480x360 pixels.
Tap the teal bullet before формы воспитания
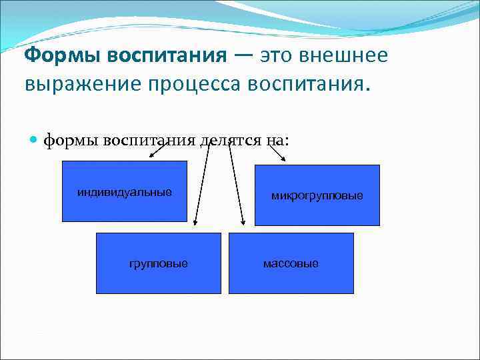[34, 140]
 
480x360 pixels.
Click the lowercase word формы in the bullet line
[69, 140]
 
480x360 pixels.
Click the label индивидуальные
[124, 193]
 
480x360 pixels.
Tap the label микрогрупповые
[317, 196]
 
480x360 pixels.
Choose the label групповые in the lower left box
[158, 263]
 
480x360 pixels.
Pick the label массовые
[291, 263]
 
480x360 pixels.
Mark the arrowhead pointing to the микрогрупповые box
[283, 159]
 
